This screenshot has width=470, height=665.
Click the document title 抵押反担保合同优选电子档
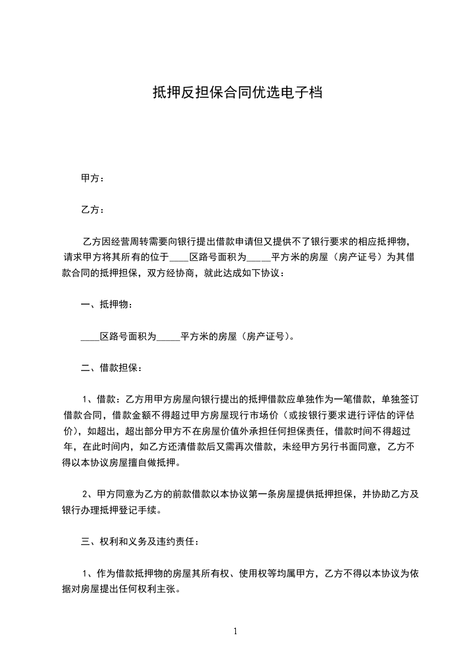click(x=237, y=92)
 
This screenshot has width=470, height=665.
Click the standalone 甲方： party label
click(x=92, y=178)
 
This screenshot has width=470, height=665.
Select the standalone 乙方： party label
click(x=92, y=210)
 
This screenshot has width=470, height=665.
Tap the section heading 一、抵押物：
click(x=106, y=305)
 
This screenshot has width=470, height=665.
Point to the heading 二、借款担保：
click(x=111, y=368)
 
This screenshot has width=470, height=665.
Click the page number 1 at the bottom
click(x=235, y=631)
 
